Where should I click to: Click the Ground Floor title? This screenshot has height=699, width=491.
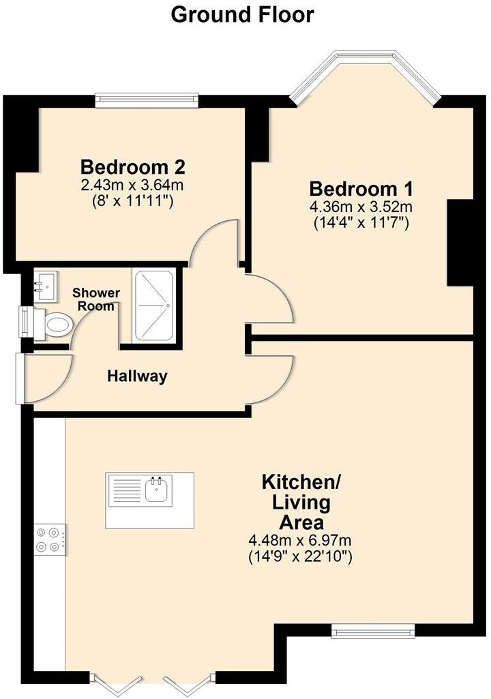click(242, 14)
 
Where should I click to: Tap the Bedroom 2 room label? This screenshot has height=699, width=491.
click(133, 166)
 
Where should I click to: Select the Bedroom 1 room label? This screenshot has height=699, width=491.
click(361, 189)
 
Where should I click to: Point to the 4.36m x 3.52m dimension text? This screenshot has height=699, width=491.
click(361, 207)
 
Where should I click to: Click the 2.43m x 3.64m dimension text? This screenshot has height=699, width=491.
click(133, 184)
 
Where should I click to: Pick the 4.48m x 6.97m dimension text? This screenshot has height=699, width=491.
click(301, 541)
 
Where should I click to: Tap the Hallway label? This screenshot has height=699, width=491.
click(137, 376)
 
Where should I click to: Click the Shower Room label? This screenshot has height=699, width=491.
click(96, 299)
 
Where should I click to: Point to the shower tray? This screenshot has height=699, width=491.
click(154, 305)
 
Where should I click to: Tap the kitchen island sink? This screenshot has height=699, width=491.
click(158, 488)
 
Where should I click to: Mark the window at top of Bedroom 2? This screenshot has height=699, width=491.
click(147, 100)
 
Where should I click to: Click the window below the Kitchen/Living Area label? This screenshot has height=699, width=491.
click(373, 631)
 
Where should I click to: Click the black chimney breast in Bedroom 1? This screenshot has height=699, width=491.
click(460, 243)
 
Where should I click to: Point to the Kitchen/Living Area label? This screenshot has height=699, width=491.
click(301, 503)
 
